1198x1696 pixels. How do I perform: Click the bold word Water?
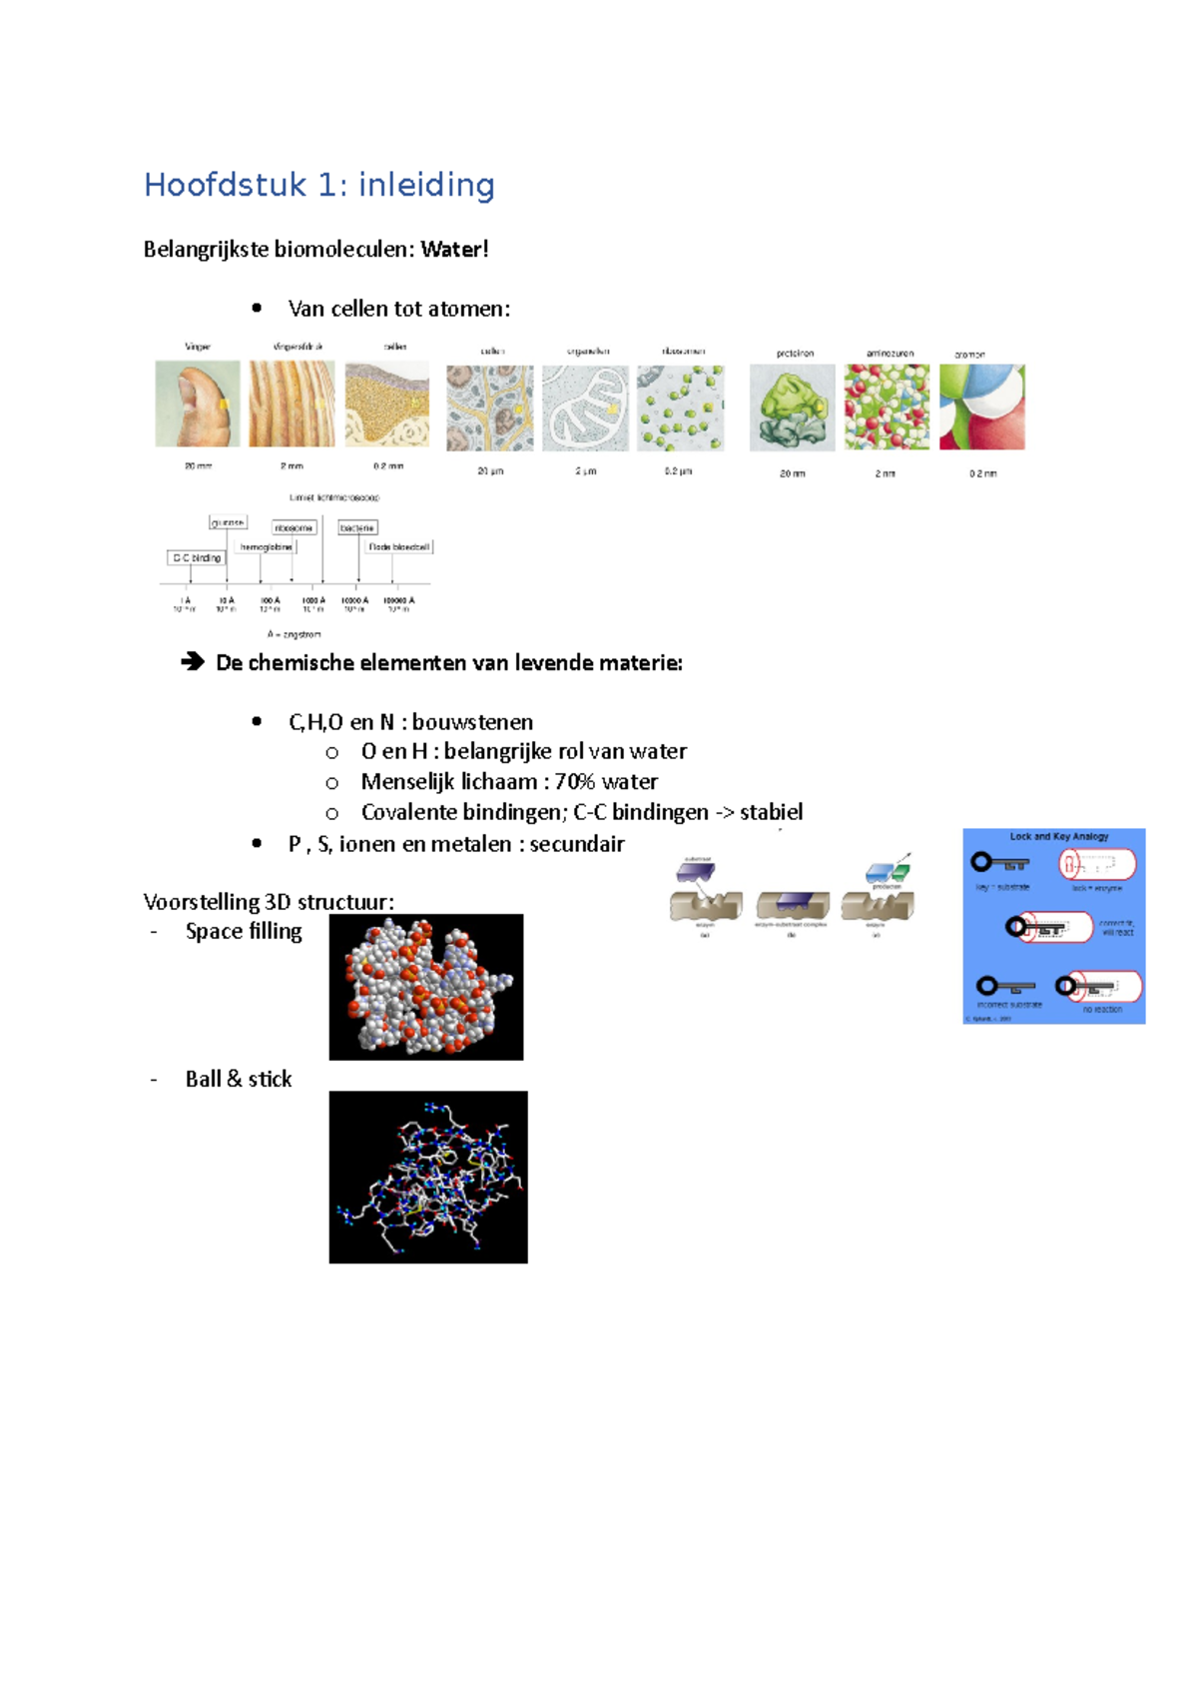click(x=454, y=250)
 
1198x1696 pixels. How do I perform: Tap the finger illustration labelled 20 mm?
click(x=198, y=404)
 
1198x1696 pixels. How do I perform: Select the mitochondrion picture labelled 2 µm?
click(x=585, y=408)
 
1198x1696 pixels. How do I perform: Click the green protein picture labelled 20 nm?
click(x=792, y=408)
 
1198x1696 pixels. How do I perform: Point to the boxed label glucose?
click(x=228, y=522)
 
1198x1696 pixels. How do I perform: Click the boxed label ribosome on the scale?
click(x=294, y=527)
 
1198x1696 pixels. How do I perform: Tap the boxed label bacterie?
click(x=357, y=527)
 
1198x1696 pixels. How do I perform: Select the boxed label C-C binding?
click(x=197, y=557)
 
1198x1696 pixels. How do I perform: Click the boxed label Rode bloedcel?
click(x=398, y=547)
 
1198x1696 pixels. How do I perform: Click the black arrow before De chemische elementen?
click(x=192, y=662)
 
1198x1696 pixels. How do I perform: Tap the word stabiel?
click(x=771, y=812)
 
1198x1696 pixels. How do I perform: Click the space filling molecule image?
click(x=426, y=987)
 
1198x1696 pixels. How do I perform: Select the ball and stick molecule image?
click(x=428, y=1177)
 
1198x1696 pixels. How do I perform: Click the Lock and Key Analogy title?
click(x=1058, y=837)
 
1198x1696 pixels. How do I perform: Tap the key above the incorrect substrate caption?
click(x=1004, y=987)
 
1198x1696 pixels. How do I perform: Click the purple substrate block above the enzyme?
click(x=696, y=872)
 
